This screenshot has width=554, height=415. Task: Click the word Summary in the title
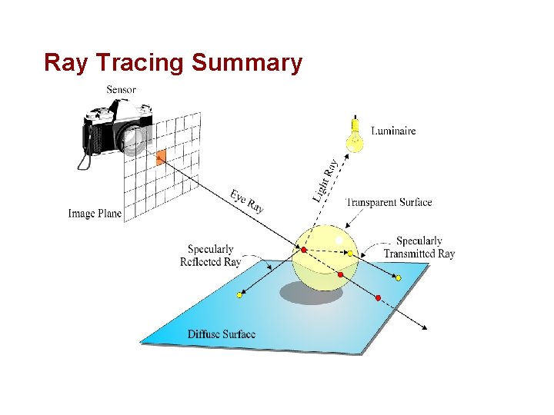[248, 63]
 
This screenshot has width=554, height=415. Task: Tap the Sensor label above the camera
[121, 90]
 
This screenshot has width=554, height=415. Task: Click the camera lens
[134, 138]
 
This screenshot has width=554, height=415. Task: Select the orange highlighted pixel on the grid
[161, 158]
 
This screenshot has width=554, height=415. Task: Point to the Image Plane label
[95, 214]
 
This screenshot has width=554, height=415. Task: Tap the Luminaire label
[393, 131]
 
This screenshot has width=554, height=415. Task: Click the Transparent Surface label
[389, 203]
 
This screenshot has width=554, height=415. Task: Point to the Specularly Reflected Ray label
[210, 255]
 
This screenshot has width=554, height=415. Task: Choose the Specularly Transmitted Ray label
[419, 247]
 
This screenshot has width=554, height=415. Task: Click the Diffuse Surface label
[222, 334]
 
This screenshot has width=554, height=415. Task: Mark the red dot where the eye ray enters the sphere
[304, 251]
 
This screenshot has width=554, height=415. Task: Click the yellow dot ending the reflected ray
[240, 294]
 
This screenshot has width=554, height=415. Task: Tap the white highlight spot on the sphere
[339, 241]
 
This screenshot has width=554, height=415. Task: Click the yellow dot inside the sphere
[350, 254]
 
